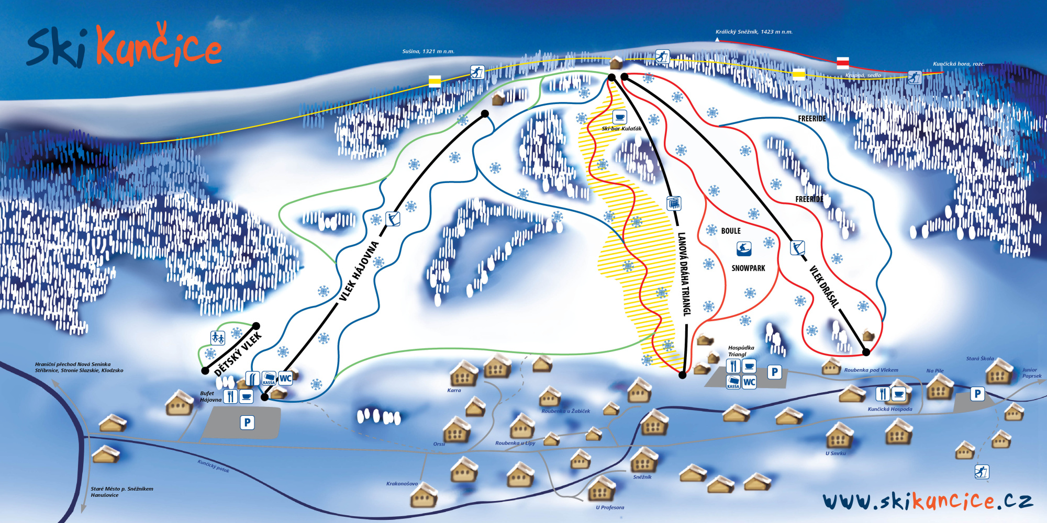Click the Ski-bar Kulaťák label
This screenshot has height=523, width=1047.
[x=621, y=129]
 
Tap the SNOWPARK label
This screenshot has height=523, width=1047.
[x=748, y=268]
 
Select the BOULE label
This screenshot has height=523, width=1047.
[x=731, y=231]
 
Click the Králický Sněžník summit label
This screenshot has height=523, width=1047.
[x=754, y=32]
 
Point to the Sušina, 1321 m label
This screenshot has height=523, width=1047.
[x=428, y=51]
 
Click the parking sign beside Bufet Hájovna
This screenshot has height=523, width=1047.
[x=247, y=422]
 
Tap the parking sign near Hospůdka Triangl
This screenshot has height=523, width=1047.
[x=774, y=372]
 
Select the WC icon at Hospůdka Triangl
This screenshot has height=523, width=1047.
[x=749, y=382]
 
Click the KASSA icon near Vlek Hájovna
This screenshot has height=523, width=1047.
[x=269, y=378]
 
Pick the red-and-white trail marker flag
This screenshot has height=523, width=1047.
[x=842, y=63]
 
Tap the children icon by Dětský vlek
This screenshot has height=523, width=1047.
[x=218, y=338]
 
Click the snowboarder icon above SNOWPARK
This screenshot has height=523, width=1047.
[x=743, y=248]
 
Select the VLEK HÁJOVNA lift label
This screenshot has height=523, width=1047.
[x=359, y=271]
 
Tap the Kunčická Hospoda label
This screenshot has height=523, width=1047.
[x=889, y=409]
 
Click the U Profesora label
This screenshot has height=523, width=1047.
[x=610, y=507]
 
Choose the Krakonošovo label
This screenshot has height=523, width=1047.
[x=402, y=484]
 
